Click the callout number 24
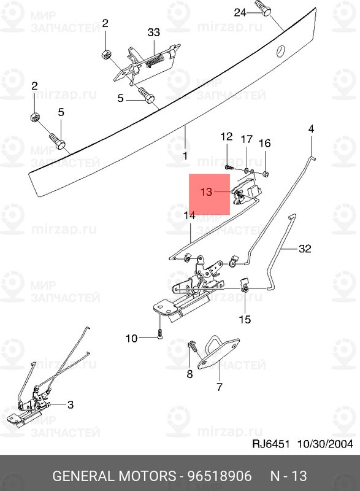tap(240, 12)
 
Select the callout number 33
tap(153, 33)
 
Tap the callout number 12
tap(226, 136)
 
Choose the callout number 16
tap(264, 144)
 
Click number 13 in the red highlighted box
tap(206, 192)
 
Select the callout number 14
tap(189, 215)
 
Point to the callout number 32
tap(305, 249)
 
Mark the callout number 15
tap(245, 319)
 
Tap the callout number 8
tap(189, 374)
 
